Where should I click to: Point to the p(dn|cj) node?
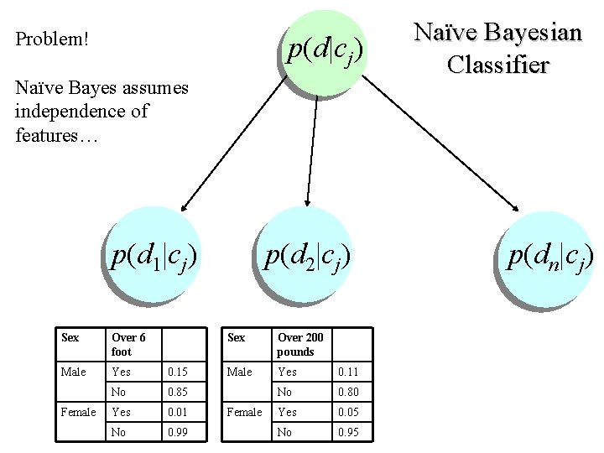(549, 258)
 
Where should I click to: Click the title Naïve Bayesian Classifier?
(497, 48)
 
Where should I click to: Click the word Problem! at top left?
(53, 39)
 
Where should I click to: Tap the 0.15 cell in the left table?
(178, 372)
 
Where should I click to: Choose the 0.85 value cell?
(178, 392)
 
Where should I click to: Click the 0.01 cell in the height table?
(178, 412)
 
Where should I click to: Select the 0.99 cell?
(178, 432)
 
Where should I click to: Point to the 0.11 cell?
(348, 372)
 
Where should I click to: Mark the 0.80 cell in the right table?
(348, 392)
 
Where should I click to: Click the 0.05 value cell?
(348, 412)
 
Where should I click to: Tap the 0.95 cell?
(348, 432)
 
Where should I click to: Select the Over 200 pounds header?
(299, 344)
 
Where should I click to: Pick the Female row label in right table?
(244, 412)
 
